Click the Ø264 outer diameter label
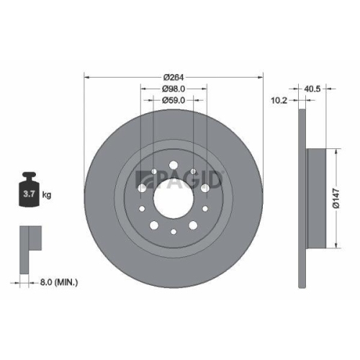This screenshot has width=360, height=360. [x=174, y=77]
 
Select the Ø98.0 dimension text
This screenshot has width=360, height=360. [x=174, y=89]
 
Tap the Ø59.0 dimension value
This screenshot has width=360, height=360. [x=174, y=100]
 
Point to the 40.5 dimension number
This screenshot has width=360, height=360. [x=312, y=90]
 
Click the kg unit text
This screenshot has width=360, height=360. [x=48, y=195]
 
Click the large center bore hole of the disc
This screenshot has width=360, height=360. [x=174, y=194]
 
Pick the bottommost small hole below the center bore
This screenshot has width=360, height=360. [x=174, y=232]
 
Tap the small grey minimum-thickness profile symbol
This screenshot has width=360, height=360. [x=28, y=241]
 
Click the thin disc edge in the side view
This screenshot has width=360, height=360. [x=303, y=194]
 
